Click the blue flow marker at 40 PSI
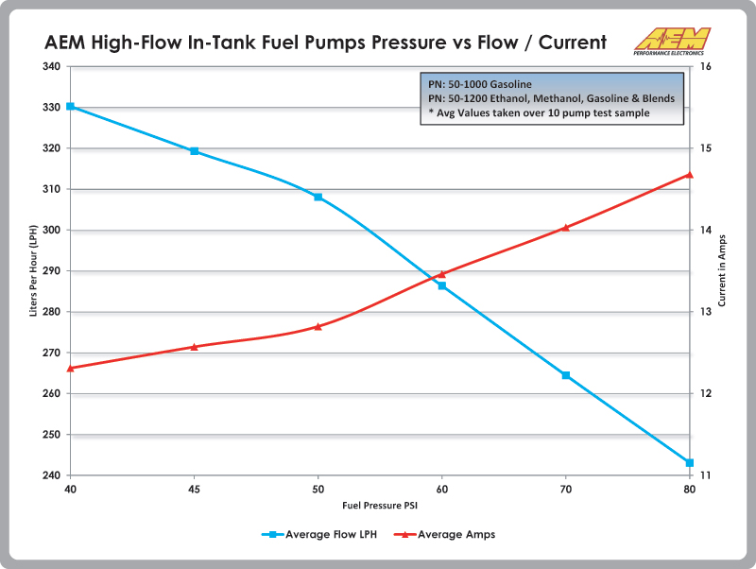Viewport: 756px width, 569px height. click(x=70, y=107)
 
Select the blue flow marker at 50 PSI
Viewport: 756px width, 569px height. click(x=318, y=197)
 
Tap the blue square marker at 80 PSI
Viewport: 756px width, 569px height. click(x=690, y=462)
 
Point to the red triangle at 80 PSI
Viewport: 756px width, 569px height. click(x=690, y=174)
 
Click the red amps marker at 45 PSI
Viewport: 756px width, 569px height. click(x=194, y=347)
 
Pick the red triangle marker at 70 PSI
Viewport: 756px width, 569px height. click(x=566, y=227)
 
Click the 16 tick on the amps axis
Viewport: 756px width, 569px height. click(x=705, y=66)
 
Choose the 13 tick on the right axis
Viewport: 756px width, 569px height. click(x=705, y=312)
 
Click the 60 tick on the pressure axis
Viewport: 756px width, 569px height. click(x=441, y=490)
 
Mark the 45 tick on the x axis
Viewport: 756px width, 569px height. click(x=194, y=490)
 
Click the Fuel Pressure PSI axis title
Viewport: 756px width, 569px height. click(x=379, y=505)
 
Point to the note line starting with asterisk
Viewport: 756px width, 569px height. click(x=539, y=112)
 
